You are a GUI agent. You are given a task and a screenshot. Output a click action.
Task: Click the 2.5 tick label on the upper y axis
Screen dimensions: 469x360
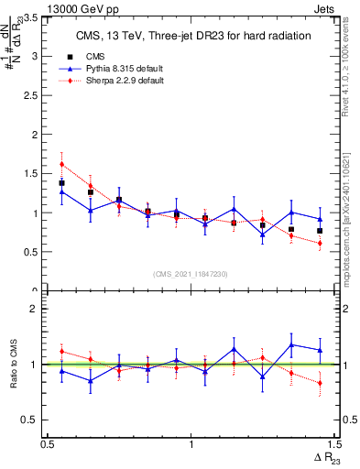[x=35, y=95]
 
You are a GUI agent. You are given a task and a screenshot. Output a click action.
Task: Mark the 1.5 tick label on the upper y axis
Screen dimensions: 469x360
[x=35, y=174]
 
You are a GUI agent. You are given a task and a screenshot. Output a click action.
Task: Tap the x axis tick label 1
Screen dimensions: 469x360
[x=191, y=444]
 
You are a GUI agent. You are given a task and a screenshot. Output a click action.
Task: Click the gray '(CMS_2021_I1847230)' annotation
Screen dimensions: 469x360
[x=190, y=274]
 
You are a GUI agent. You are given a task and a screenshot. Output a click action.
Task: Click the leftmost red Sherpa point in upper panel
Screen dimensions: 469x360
[x=61, y=165]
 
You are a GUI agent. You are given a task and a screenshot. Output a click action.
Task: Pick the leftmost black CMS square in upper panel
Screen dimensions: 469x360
[x=61, y=183]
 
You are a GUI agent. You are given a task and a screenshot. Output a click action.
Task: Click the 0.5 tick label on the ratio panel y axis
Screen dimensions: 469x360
[x=35, y=420]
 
